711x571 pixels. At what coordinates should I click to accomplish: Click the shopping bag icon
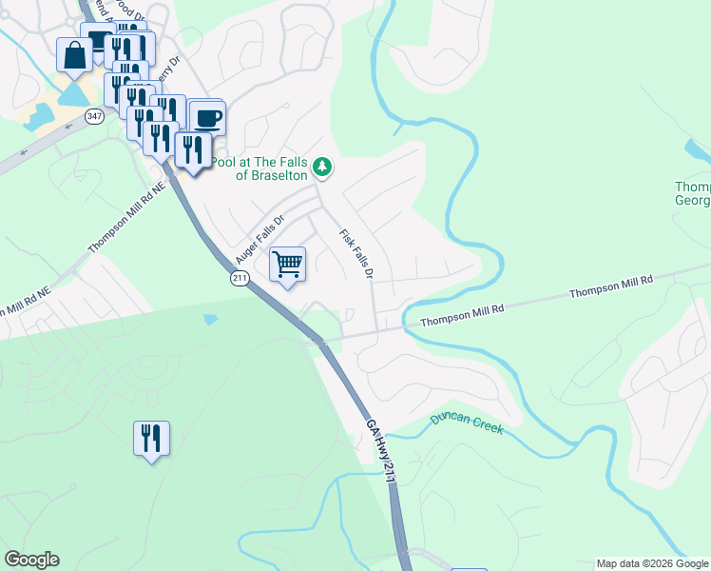(74, 55)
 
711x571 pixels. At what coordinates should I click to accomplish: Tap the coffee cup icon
(207, 118)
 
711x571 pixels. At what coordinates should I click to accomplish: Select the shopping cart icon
(287, 264)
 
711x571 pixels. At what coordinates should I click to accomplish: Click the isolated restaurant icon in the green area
(151, 438)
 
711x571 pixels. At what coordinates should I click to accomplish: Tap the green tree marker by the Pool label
(323, 167)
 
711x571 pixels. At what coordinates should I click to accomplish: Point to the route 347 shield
(94, 115)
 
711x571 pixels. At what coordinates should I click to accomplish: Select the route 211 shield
(239, 278)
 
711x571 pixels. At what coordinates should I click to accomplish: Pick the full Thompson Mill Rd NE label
(127, 217)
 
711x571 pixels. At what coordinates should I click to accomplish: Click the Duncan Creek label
(466, 423)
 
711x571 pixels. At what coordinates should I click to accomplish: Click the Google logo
(31, 560)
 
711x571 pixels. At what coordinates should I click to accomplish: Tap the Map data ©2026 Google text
(652, 563)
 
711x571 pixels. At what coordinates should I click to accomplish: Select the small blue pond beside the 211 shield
(210, 320)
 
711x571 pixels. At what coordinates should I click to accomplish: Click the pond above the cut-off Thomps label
(697, 150)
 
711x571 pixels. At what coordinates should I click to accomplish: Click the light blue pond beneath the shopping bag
(72, 94)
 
